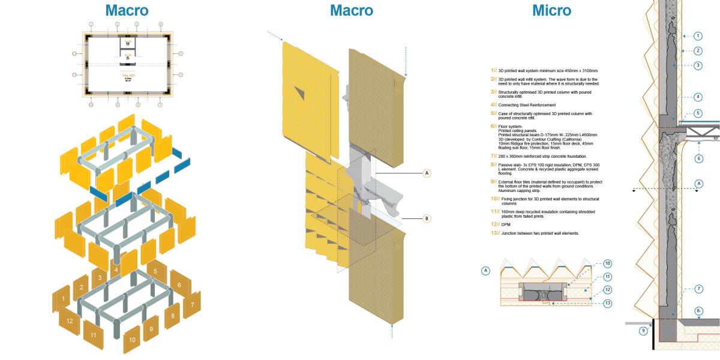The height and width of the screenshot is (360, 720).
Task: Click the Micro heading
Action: point(551,10)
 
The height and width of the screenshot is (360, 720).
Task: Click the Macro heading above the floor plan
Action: point(127,10)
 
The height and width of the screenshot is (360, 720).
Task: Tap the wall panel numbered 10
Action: point(132,340)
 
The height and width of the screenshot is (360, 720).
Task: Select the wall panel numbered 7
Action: point(192,305)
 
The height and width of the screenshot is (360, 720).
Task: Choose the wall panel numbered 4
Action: point(116,270)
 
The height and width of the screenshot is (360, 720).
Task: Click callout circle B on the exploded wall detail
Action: point(427,218)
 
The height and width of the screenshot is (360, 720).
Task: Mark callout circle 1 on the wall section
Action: point(698,35)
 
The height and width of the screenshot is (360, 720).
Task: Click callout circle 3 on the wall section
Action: point(698,65)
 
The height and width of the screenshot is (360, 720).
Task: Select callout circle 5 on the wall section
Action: point(698,113)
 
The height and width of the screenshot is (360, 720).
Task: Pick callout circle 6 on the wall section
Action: point(698,158)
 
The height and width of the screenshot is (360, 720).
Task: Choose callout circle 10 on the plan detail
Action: point(608,263)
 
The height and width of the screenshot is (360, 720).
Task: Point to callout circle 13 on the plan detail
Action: point(608,303)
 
